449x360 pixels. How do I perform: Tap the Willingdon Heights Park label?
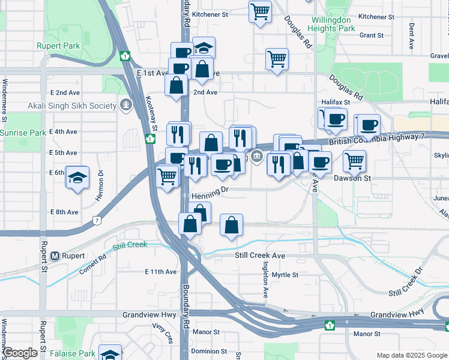pyautogui.click(x=330, y=24)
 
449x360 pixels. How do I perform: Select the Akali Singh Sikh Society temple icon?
pyautogui.click(x=125, y=106)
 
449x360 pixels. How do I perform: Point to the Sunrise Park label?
pyautogui.click(x=23, y=133)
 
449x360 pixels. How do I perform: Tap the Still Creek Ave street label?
pyautogui.click(x=259, y=256)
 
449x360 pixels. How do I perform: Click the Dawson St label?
pyautogui.click(x=353, y=178)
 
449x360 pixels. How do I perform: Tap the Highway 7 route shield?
pyautogui.click(x=97, y=221)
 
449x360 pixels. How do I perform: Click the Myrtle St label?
pyautogui.click(x=285, y=275)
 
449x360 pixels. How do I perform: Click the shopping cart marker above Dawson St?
pyautogui.click(x=355, y=161)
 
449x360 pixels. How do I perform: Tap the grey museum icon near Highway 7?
pyautogui.click(x=257, y=157)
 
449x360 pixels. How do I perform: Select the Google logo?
pyautogui.click(x=20, y=353)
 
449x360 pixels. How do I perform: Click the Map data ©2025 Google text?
pyautogui.click(x=412, y=355)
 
